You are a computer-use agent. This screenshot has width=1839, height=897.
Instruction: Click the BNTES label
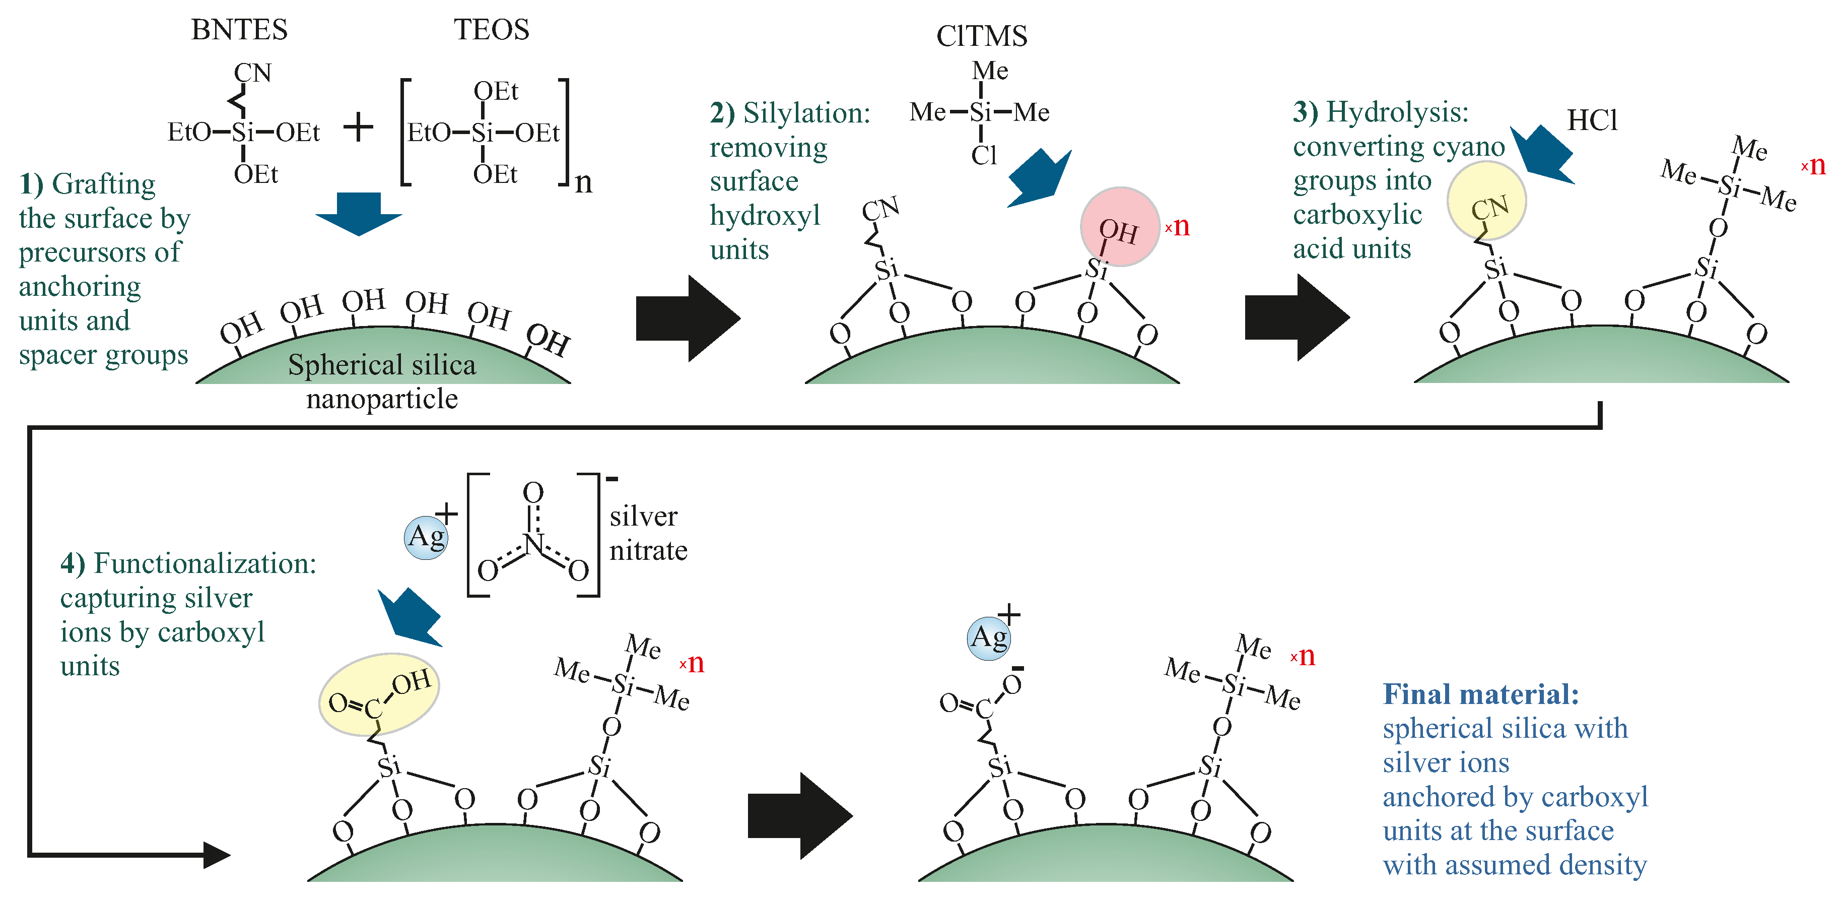point(239,30)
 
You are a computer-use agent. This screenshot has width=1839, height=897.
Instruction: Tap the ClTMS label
point(982,36)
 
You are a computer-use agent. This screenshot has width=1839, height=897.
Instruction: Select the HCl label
point(1592,120)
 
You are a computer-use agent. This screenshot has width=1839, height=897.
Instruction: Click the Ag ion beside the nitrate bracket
point(426,537)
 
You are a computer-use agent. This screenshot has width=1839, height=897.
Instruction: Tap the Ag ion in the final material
point(989,638)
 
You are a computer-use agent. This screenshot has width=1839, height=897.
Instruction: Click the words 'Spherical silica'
point(382,365)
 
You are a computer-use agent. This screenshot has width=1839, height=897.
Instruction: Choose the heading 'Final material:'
point(1481,694)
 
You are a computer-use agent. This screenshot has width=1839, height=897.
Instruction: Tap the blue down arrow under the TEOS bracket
point(359,213)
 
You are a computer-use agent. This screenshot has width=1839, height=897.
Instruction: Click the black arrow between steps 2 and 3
point(1296,317)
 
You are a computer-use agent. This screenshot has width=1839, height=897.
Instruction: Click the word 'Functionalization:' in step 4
point(205,563)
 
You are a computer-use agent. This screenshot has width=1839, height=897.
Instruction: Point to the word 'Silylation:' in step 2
point(807,113)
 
